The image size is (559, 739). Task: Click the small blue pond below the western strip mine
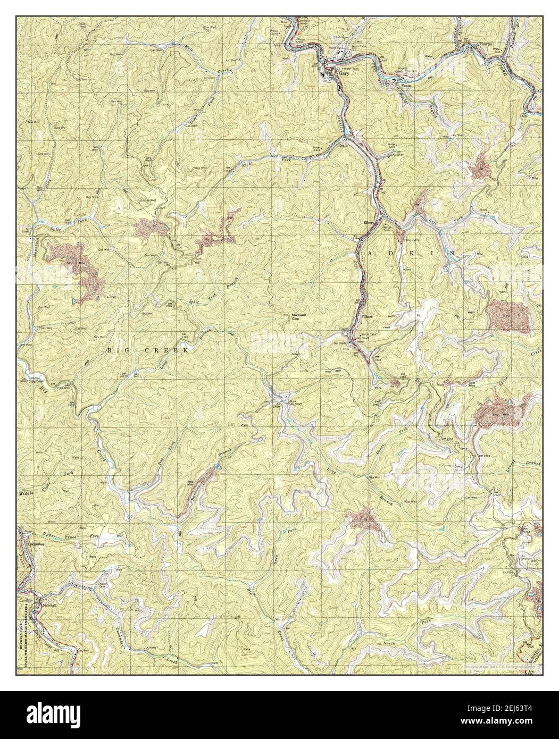pyautogui.click(x=72, y=301)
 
